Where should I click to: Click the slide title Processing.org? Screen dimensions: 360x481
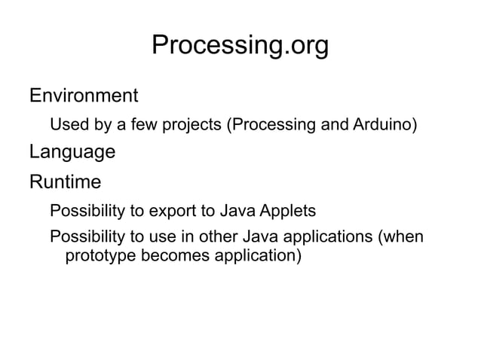[x=240, y=46]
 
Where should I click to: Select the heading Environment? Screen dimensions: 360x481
[x=83, y=96]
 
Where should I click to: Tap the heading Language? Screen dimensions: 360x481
[x=72, y=153]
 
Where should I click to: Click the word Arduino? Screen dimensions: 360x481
[x=384, y=124]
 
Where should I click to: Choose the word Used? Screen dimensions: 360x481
[x=66, y=124]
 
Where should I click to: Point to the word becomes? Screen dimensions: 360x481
[x=176, y=257]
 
